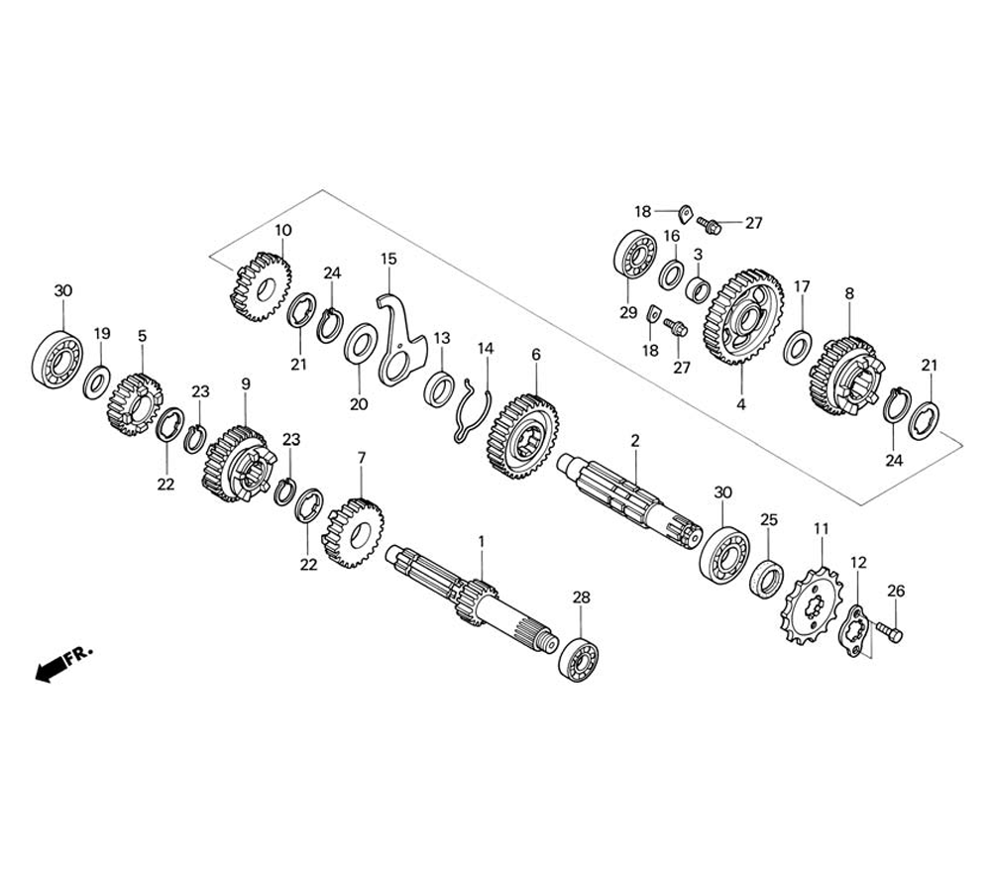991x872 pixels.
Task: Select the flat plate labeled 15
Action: click(x=401, y=337)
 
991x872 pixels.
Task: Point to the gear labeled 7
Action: click(x=352, y=531)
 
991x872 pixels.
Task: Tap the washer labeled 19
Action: click(x=97, y=381)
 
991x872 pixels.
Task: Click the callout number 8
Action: click(x=848, y=294)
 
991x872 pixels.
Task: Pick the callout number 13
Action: click(x=440, y=338)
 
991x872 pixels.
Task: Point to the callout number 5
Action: click(x=142, y=336)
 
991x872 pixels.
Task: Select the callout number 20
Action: click(x=358, y=404)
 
